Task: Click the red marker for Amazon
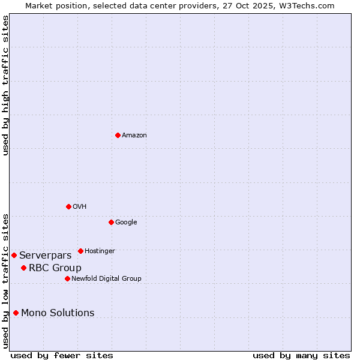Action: tap(118, 135)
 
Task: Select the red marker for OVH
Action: tap(68, 206)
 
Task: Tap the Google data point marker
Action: tap(111, 222)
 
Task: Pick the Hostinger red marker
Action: tap(80, 251)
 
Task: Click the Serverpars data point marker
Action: tap(14, 255)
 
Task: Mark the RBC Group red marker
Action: tap(23, 268)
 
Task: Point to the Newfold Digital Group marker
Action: tap(67, 278)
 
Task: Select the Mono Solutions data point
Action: tap(16, 313)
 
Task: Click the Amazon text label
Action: tap(134, 136)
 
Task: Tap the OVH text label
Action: tap(80, 207)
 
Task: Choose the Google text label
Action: tap(126, 223)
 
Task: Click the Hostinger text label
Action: tap(100, 251)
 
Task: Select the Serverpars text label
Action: tap(45, 256)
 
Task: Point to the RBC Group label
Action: tap(55, 268)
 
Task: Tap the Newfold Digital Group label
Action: tap(106, 279)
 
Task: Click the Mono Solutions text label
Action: tap(58, 313)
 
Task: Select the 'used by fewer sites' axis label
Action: tap(62, 355)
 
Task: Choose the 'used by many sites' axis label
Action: tap(301, 355)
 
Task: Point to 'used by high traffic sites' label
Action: tap(5, 85)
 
